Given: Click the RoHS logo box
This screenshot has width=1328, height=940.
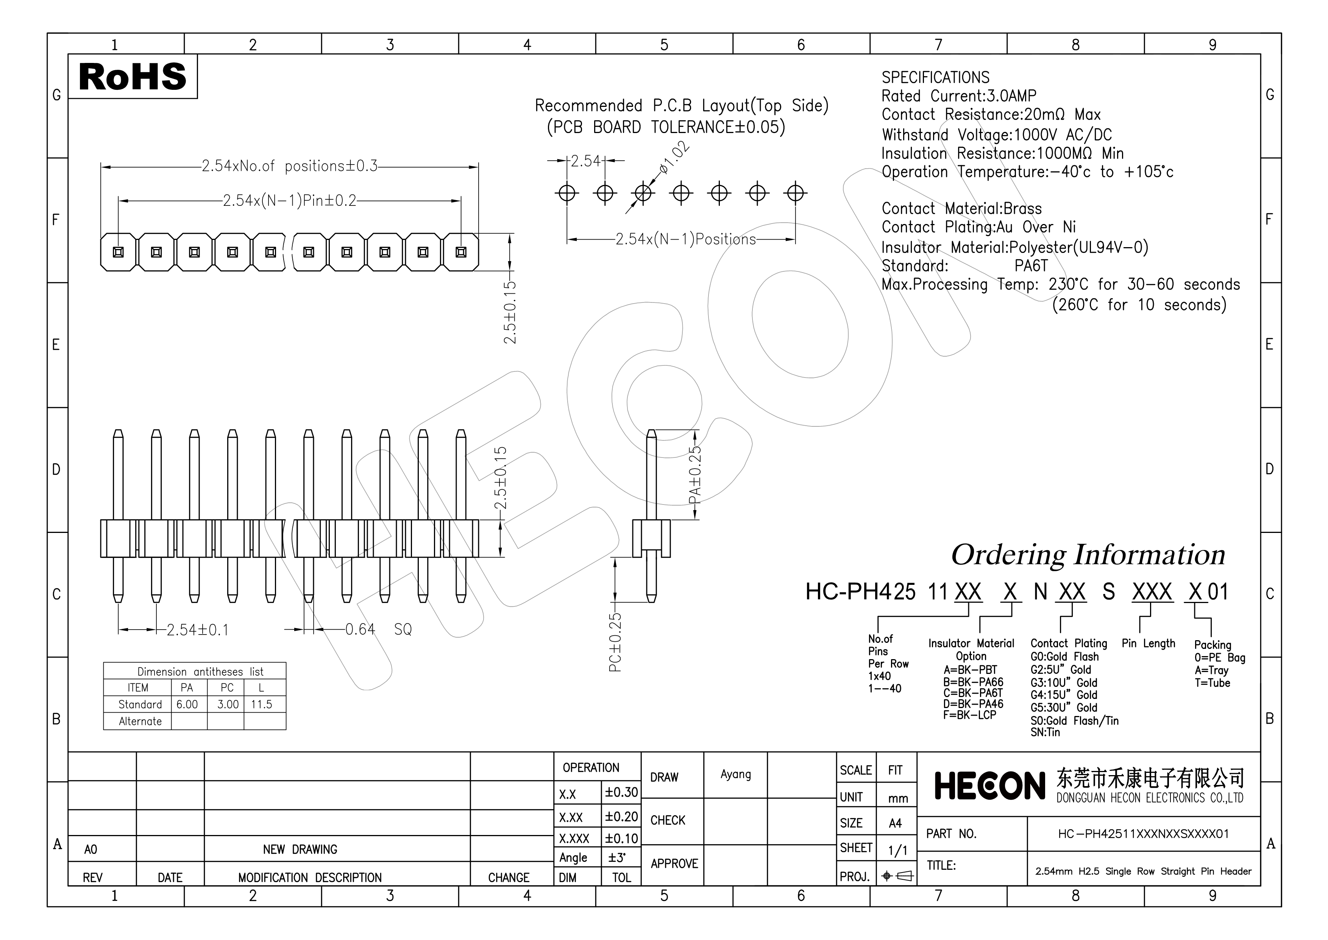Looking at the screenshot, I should [133, 77].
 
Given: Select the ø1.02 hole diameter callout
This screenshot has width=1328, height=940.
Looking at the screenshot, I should [674, 157].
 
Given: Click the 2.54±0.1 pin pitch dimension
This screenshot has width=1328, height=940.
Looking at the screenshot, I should [197, 630].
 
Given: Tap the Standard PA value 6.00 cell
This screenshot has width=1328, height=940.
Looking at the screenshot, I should [187, 704].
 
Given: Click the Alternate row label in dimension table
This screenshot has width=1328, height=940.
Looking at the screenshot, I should [140, 721].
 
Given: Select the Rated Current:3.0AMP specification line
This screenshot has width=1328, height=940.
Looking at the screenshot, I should [958, 96].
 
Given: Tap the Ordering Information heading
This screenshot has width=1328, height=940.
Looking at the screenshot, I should [1088, 555].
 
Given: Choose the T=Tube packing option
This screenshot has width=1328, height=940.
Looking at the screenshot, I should [1213, 683].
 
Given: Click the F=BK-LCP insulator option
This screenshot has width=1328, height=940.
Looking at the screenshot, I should [969, 715].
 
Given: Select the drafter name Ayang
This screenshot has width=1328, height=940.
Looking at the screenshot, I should [735, 774].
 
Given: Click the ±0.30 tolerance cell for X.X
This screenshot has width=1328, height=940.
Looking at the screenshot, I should [621, 793].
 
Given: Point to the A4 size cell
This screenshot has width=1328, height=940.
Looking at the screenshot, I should [895, 823].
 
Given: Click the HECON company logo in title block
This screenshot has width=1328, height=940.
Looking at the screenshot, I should [989, 786].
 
